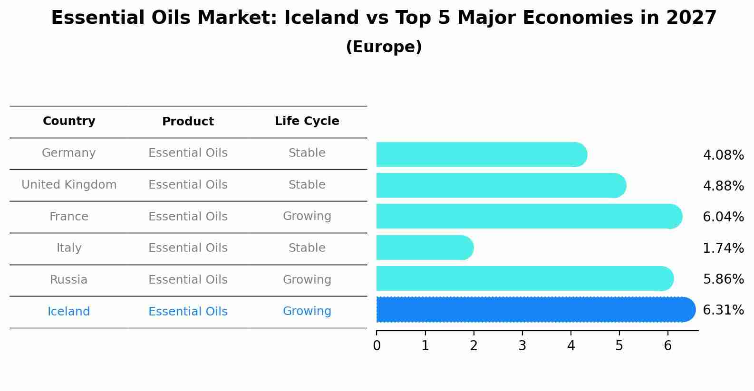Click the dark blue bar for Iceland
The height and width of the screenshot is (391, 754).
click(x=532, y=310)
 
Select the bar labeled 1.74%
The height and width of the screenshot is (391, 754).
click(x=423, y=248)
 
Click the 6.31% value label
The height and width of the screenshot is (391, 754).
click(x=723, y=310)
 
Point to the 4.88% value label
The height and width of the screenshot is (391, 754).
click(x=723, y=186)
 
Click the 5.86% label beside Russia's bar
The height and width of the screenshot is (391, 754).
click(x=723, y=279)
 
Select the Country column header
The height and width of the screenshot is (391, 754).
click(x=69, y=121)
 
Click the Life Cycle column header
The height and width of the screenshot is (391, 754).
click(x=307, y=121)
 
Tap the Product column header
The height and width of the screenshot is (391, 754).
click(x=188, y=122)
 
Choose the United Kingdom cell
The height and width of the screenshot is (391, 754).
click(x=69, y=185)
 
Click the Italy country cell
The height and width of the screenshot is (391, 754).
click(x=69, y=248)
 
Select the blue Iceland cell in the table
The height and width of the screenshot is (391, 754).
click(x=69, y=312)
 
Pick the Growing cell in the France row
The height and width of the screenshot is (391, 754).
click(x=307, y=216)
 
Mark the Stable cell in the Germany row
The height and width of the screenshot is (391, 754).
click(x=307, y=153)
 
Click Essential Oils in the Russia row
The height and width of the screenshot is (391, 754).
click(x=188, y=280)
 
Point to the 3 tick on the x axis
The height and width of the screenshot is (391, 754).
click(x=522, y=345)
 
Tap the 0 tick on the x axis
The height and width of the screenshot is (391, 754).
click(x=377, y=345)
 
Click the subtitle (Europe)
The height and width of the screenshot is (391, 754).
click(x=384, y=47)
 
